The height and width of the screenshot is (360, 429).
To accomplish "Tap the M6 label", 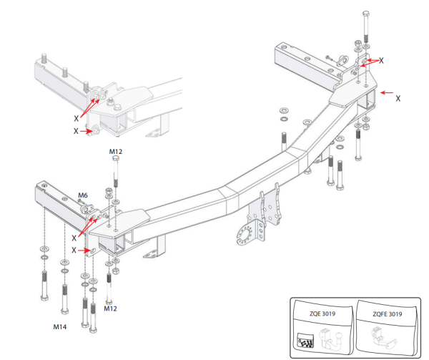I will tap(83, 195).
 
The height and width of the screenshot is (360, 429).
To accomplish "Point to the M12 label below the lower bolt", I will tap(109, 309).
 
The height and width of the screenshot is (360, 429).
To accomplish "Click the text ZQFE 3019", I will tap(388, 313).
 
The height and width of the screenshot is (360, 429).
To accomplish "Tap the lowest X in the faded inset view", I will tap(75, 131).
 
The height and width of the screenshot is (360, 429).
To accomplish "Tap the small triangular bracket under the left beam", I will tap(151, 254).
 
